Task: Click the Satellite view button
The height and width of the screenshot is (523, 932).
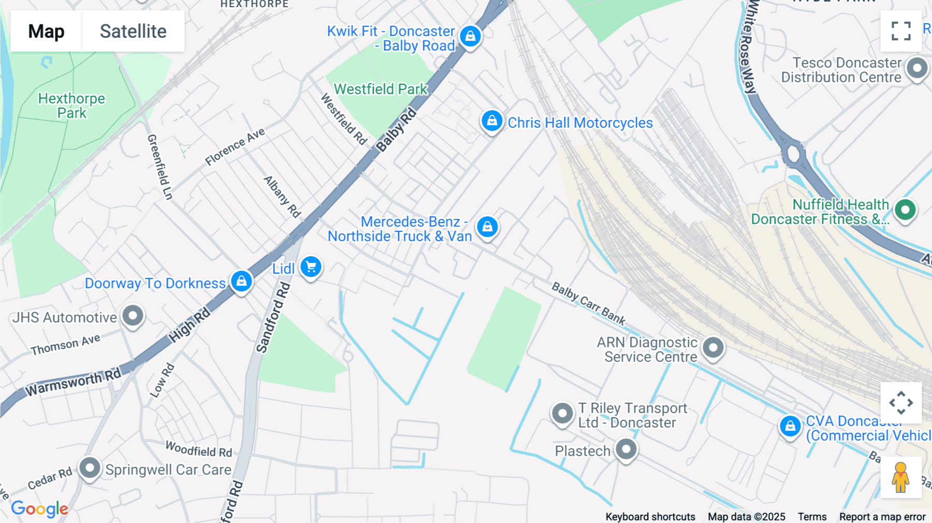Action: (x=133, y=31)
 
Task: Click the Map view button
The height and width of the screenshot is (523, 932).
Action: (x=46, y=31)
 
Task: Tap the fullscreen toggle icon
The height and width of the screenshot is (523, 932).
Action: (x=901, y=31)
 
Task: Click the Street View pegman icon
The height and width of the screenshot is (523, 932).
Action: (x=901, y=477)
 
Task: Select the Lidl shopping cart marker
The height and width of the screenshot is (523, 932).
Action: (x=311, y=267)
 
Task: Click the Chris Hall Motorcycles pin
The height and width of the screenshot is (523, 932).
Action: (x=492, y=121)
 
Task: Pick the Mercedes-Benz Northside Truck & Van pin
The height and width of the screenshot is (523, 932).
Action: (x=487, y=227)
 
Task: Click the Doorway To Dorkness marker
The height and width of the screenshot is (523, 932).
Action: (x=241, y=281)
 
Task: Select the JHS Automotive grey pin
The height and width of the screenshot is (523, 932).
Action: (x=133, y=315)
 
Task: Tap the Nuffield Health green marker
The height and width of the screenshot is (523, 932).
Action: (x=906, y=210)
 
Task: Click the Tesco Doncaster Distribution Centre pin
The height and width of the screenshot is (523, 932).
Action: (x=918, y=68)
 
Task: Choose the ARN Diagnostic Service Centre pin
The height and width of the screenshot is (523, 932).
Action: (x=713, y=347)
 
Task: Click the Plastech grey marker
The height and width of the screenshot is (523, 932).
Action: (x=626, y=449)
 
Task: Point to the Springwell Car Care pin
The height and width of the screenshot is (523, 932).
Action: (x=90, y=468)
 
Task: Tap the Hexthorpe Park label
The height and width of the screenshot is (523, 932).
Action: (x=71, y=106)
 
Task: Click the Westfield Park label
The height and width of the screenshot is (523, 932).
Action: (x=381, y=89)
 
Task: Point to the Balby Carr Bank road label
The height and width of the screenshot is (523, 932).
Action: (x=588, y=303)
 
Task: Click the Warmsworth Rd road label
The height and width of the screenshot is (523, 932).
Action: (x=73, y=382)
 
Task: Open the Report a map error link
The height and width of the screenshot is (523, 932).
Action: (x=882, y=517)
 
